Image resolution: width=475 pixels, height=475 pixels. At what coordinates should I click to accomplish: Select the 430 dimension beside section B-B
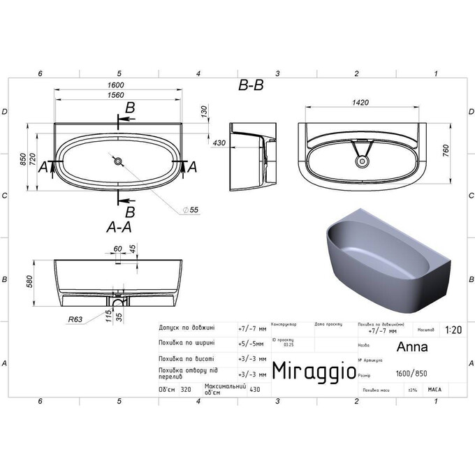tap(219, 142)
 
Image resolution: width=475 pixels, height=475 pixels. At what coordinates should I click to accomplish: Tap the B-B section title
tap(251, 86)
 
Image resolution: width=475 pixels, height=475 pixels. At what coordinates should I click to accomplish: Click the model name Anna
tap(409, 346)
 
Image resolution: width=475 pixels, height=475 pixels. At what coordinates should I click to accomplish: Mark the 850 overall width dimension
tap(23, 160)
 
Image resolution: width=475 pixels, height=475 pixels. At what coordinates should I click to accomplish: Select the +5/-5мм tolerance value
tap(251, 343)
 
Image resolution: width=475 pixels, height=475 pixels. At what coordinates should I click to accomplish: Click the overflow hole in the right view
tap(362, 161)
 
